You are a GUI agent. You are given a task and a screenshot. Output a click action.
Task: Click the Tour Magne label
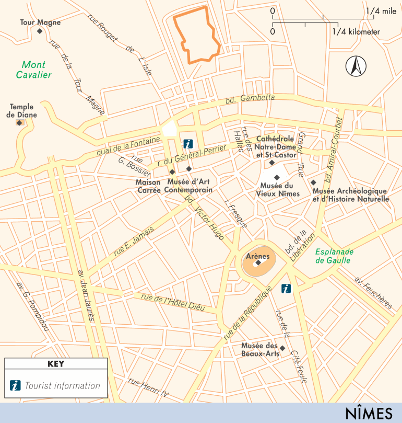tap(40, 22)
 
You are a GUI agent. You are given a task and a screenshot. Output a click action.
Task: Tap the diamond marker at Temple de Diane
tap(19, 123)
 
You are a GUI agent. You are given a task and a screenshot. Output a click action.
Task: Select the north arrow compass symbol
tap(356, 66)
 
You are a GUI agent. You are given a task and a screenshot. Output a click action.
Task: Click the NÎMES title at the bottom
tap(368, 413)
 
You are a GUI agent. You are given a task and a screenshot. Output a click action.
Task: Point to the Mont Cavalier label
tap(33, 70)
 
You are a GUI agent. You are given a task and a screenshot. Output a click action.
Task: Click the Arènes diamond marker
tap(257, 264)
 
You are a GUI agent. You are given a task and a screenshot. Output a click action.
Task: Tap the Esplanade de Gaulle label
tap(334, 256)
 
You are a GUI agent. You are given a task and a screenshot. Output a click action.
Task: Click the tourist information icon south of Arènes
tap(286, 288)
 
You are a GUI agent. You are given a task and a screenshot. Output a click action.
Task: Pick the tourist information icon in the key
tap(16, 386)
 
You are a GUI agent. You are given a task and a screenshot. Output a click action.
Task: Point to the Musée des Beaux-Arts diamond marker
tap(282, 348)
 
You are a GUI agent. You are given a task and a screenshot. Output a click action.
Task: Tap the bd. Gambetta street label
tap(250, 98)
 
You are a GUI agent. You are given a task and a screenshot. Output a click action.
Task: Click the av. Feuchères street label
tap(373, 289)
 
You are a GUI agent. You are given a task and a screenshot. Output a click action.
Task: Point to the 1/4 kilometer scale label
tap(356, 31)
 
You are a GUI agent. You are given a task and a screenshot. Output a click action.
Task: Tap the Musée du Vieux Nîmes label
tap(277, 189)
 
